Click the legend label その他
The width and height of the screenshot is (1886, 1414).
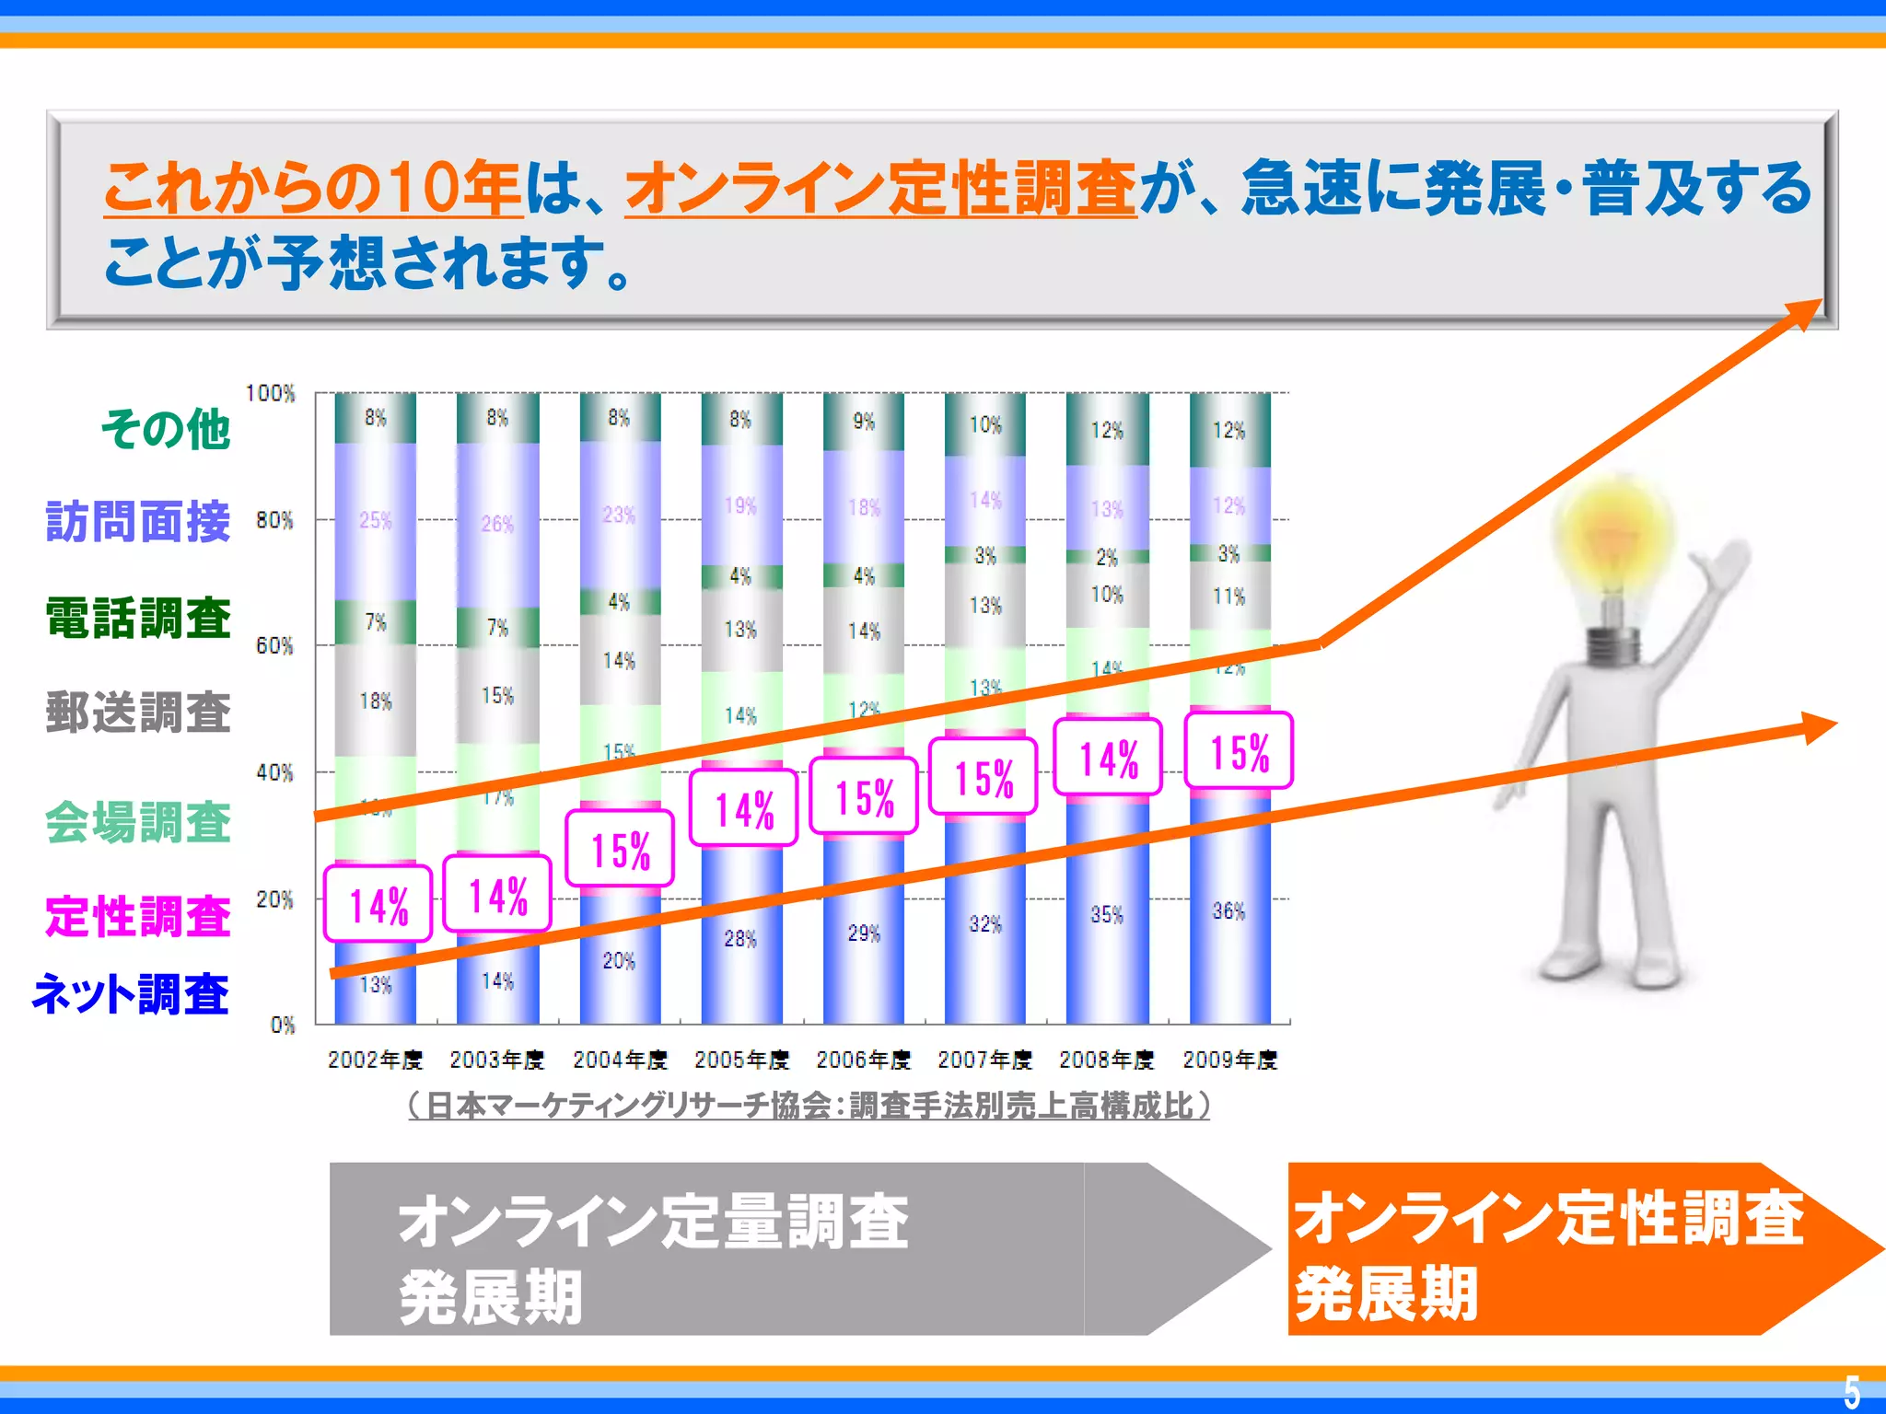tap(166, 430)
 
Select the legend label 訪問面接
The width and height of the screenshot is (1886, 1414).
tap(138, 522)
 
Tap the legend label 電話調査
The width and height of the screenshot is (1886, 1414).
tap(138, 618)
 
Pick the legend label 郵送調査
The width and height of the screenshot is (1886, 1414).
tap(138, 713)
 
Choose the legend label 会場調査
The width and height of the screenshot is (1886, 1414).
tap(138, 822)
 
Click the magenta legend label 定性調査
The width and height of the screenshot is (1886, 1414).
tap(138, 917)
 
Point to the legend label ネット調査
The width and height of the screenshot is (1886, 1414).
tap(131, 995)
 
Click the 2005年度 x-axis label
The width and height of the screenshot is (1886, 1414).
tap(741, 1060)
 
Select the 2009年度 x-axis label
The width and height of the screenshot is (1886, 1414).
tap(1229, 1060)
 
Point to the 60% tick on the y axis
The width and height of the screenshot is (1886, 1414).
tap(274, 645)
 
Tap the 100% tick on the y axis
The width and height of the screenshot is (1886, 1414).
tap(271, 394)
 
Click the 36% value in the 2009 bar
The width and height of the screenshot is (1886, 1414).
tap(1228, 911)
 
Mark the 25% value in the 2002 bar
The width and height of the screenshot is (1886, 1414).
tap(375, 521)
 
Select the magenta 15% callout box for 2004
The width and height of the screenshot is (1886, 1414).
tap(620, 850)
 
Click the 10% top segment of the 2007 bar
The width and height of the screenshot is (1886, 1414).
tap(984, 425)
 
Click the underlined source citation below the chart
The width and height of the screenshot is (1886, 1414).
tap(809, 1106)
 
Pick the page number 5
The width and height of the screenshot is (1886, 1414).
tap(1852, 1391)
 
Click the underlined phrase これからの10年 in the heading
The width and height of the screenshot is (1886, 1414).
tap(313, 188)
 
